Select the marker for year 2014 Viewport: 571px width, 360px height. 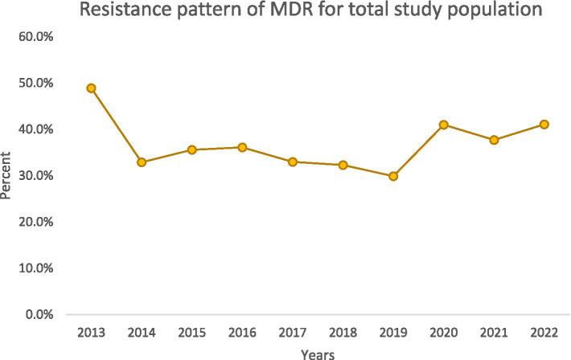point(142,162)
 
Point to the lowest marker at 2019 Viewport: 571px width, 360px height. point(393,176)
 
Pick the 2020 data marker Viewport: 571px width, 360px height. point(443,125)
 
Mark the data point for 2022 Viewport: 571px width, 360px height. point(544,125)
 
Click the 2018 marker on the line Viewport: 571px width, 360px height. point(343,165)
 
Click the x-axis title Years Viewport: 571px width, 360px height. point(318,354)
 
